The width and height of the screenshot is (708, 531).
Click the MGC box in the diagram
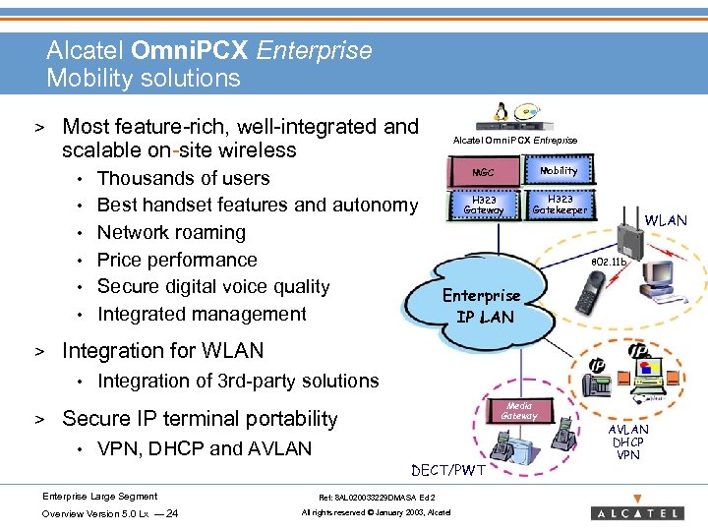(x=484, y=172)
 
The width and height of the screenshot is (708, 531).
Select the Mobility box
(x=559, y=170)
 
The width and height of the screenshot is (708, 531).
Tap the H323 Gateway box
(x=484, y=204)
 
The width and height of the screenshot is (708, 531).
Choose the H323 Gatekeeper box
(x=559, y=204)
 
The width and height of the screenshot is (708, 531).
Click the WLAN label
(x=666, y=220)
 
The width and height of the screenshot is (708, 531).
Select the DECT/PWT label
(x=447, y=470)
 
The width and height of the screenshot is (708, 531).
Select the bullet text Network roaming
(x=171, y=232)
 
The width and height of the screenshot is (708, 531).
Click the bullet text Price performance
(x=177, y=260)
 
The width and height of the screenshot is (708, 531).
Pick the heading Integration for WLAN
(x=162, y=351)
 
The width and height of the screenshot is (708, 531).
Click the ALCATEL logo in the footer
(x=636, y=512)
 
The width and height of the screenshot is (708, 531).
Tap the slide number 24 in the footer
(x=173, y=513)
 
